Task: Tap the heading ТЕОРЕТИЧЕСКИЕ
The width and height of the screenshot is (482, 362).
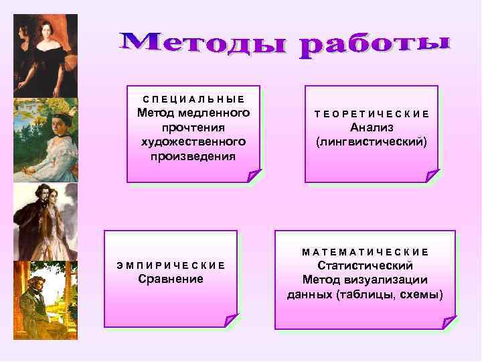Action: pyautogui.click(x=372, y=115)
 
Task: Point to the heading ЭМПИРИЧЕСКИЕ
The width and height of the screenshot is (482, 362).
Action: pyautogui.click(x=171, y=265)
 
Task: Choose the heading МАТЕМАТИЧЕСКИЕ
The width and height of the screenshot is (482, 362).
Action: pyautogui.click(x=366, y=252)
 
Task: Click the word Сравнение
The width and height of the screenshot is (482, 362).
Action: pyautogui.click(x=171, y=278)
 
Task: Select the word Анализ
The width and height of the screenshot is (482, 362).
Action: pyautogui.click(x=372, y=127)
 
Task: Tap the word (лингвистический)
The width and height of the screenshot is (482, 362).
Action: pyautogui.click(x=372, y=142)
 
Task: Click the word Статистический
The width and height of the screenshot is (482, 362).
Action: pyautogui.click(x=366, y=265)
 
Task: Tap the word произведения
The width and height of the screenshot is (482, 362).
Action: pyautogui.click(x=193, y=156)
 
